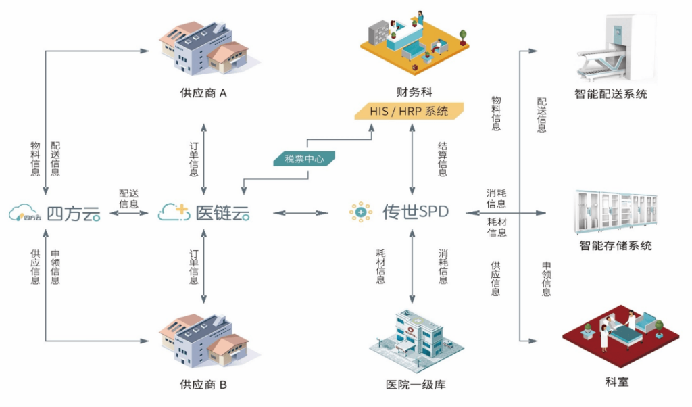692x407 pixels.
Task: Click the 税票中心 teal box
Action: (x=305, y=160)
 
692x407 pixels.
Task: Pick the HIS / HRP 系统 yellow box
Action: (x=410, y=111)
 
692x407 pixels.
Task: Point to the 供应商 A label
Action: (x=203, y=93)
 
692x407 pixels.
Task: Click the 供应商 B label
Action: (x=203, y=385)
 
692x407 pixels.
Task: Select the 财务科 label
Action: (x=414, y=92)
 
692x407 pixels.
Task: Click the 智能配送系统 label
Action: (x=611, y=94)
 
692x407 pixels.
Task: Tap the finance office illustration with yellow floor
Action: (x=413, y=42)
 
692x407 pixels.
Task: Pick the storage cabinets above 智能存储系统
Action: (x=615, y=210)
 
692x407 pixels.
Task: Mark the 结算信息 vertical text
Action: (x=443, y=159)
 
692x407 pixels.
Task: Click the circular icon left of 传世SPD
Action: (x=361, y=212)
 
